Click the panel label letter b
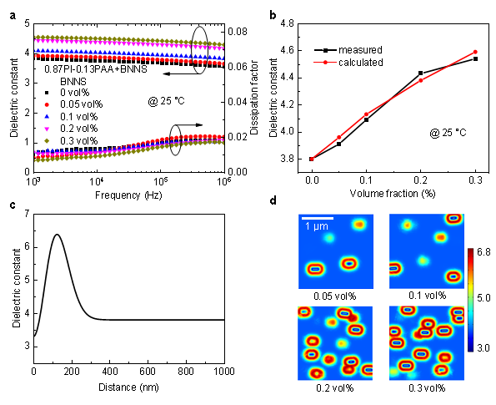coord(273,15)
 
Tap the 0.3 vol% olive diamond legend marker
coord(47,140)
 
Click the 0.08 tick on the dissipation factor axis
coord(238,32)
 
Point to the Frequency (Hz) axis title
coord(128,195)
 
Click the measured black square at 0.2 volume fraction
coord(420,73)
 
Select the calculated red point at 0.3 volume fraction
coord(475,52)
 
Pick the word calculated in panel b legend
coord(361,63)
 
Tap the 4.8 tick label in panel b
coord(287,23)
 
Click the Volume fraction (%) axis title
coord(393,193)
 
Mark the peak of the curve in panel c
coord(57,235)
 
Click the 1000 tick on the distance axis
coord(224,371)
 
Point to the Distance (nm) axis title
coord(128,387)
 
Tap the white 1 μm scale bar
coord(318,218)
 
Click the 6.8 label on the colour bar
coord(483,252)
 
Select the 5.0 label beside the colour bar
coord(483,298)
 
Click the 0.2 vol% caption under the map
coord(334,388)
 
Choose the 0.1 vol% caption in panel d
coord(427,296)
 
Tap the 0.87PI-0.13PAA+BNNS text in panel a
coord(96,69)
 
